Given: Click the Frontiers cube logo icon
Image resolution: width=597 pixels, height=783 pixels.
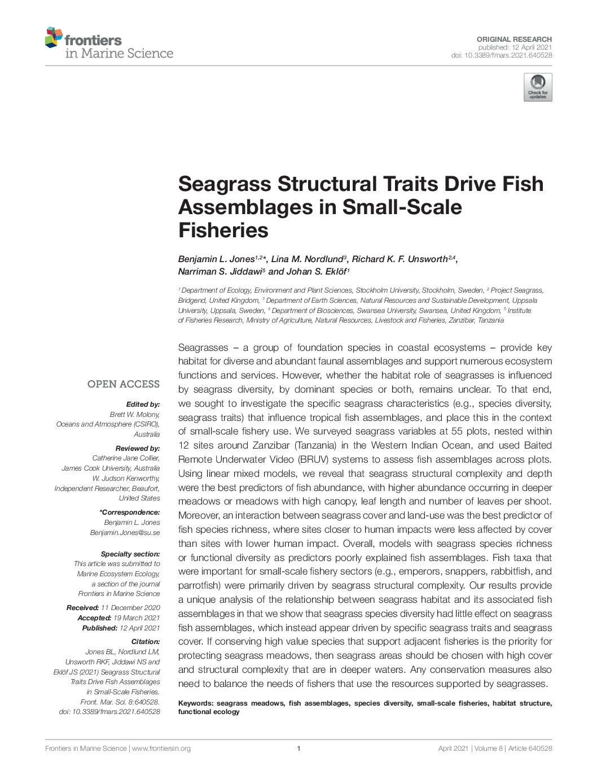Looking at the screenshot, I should [x=54, y=37].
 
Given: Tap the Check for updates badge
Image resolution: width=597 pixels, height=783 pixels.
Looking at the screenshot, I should [x=538, y=87].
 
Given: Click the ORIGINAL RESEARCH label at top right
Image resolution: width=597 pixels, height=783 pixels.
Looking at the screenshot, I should [x=514, y=39].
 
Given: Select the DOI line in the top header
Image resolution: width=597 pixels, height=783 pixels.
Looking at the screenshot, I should [x=501, y=55].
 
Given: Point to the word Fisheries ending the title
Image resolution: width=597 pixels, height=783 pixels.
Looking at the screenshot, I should [x=223, y=230].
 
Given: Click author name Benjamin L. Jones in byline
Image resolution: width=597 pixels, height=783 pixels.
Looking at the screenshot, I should [x=216, y=259].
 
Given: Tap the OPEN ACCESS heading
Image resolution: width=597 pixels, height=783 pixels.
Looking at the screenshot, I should [x=123, y=384].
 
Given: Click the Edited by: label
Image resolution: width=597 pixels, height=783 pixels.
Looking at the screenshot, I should [x=143, y=404].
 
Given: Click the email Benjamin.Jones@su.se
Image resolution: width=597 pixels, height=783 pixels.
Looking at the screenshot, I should [x=125, y=533].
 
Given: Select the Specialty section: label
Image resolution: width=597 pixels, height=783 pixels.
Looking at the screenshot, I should [x=130, y=554].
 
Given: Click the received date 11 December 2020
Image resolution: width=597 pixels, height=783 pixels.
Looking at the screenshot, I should [x=130, y=608].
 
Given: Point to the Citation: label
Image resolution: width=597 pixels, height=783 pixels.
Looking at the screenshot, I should [x=146, y=642].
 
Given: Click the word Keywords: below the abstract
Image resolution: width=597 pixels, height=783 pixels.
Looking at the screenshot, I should [x=195, y=703].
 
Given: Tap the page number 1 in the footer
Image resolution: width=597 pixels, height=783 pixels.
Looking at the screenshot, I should [x=298, y=749].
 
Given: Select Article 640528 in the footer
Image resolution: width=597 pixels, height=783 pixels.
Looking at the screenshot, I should [x=530, y=749].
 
